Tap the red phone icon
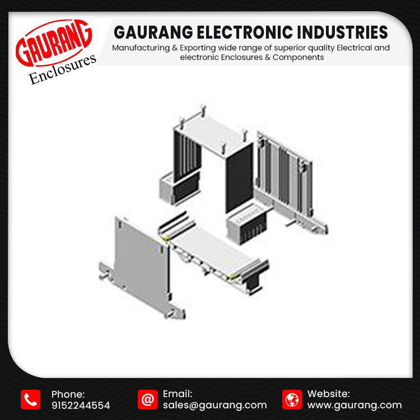click(30, 399)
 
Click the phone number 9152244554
click(81, 405)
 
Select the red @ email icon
click(147, 399)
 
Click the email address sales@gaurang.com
click(214, 405)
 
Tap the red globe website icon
click(292, 399)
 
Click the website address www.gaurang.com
click(354, 405)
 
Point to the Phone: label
click(68, 394)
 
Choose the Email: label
click(178, 394)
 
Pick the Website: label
click(329, 394)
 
